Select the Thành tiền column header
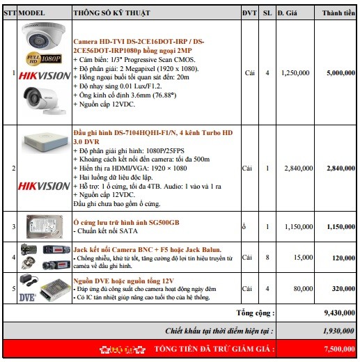tap(339, 13)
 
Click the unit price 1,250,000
tap(296, 72)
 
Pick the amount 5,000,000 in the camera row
tap(341, 72)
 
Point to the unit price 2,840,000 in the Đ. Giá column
tap(296, 168)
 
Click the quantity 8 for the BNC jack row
tap(267, 257)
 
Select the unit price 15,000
tap(302, 257)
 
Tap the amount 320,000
tap(343, 288)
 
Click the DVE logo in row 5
tap(28, 296)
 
